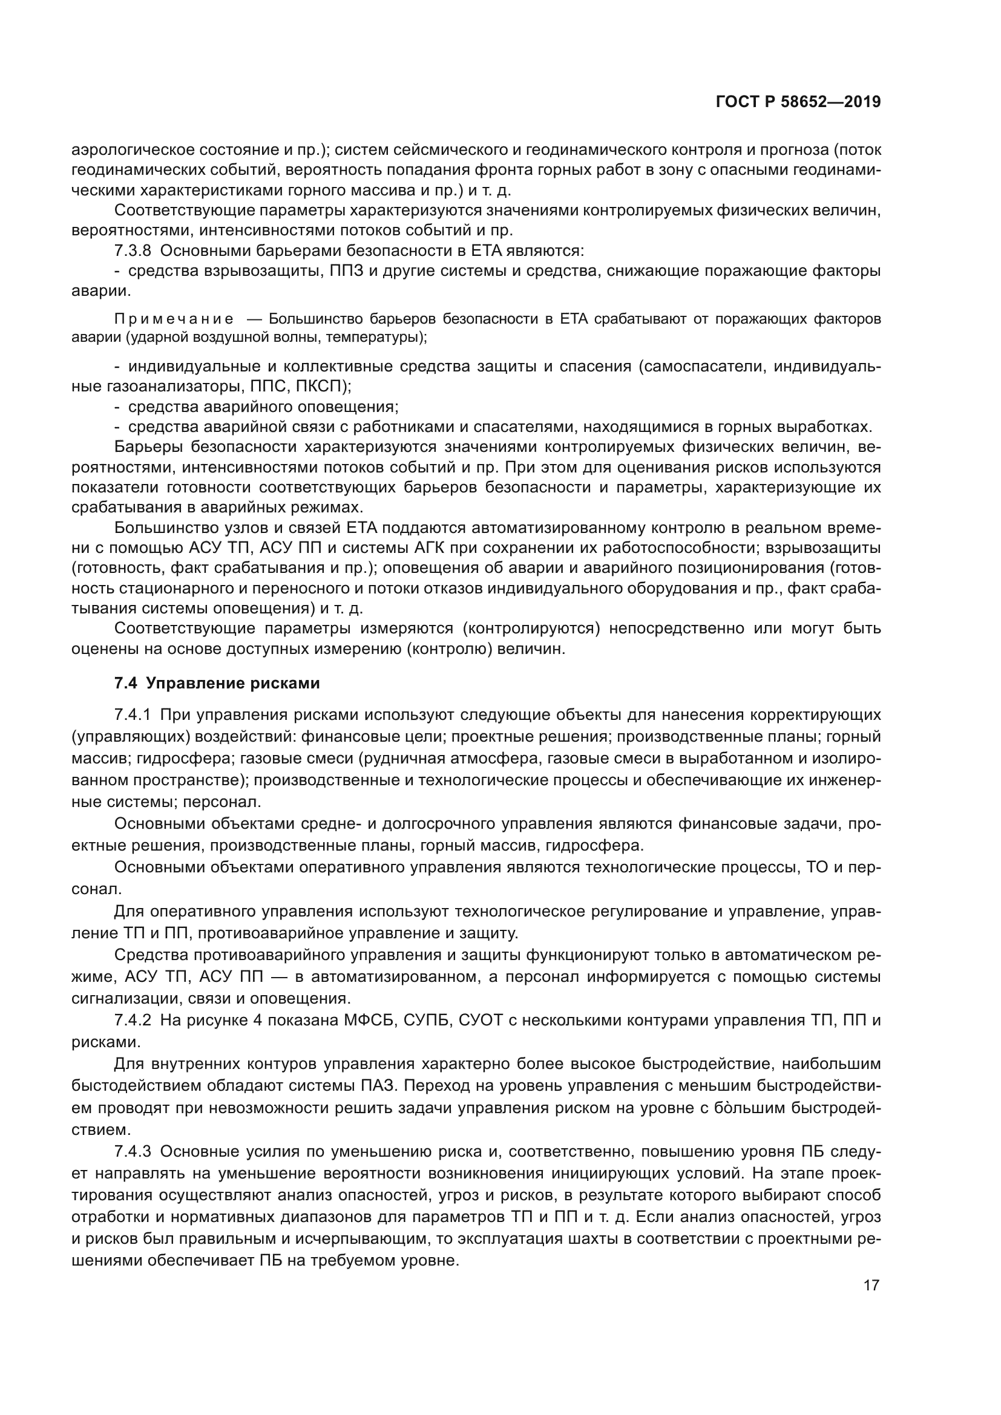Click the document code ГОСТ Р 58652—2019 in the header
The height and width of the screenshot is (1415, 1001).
pos(798,102)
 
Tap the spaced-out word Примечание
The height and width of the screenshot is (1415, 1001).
pos(174,319)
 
